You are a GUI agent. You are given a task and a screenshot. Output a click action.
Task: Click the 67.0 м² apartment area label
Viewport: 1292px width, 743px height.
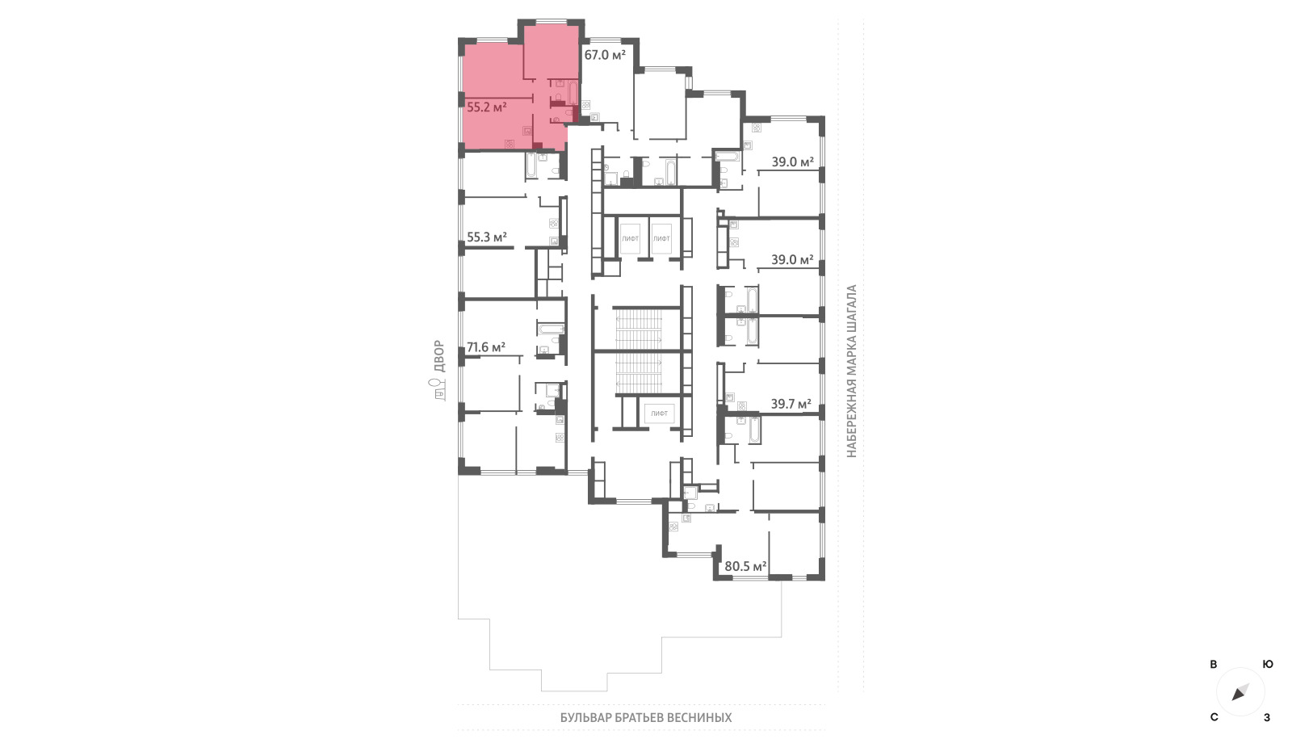pos(605,55)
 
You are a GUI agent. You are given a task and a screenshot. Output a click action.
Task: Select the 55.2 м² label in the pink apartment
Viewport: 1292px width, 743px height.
pos(487,107)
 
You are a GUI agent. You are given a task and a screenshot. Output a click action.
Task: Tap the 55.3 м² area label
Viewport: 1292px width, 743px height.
pos(487,237)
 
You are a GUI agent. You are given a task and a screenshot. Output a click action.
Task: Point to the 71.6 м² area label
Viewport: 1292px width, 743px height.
pos(486,346)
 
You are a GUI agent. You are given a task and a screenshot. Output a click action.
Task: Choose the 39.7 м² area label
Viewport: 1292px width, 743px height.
pos(791,404)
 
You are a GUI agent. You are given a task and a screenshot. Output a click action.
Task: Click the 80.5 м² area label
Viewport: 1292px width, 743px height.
pos(745,566)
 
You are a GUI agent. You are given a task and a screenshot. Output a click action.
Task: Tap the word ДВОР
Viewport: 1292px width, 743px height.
pos(439,356)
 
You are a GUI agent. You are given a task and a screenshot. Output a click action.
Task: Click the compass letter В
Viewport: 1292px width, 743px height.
pos(1214,665)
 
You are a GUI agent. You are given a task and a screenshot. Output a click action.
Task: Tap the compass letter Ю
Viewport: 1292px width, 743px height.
pos(1268,665)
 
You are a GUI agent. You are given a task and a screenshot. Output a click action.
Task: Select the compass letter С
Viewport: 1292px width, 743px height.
pos(1214,718)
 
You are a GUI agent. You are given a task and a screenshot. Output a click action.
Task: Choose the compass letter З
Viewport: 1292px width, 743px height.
pos(1267,718)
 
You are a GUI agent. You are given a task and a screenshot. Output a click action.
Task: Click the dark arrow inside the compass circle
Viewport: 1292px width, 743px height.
pos(1240,692)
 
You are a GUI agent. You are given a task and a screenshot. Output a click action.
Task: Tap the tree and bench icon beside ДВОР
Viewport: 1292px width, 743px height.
pos(439,388)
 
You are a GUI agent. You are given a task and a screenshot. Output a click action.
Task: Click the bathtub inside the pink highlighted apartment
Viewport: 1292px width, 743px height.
pos(573,92)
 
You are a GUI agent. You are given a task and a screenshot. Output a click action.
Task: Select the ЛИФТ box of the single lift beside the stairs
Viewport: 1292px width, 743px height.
pos(659,413)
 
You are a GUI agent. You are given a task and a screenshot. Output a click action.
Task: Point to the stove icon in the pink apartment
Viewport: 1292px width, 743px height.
pos(510,144)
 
